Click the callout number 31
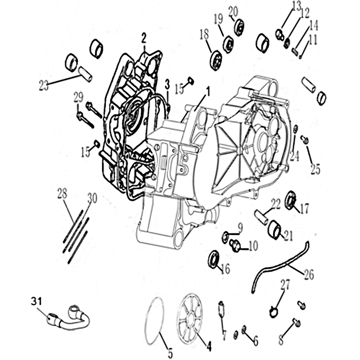click(36, 301)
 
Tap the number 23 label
click(44, 85)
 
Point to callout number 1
click(208, 91)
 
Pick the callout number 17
click(304, 209)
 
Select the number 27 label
click(285, 285)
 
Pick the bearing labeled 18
click(216, 60)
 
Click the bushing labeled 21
click(274, 229)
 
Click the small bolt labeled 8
click(297, 323)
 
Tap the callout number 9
click(240, 228)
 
